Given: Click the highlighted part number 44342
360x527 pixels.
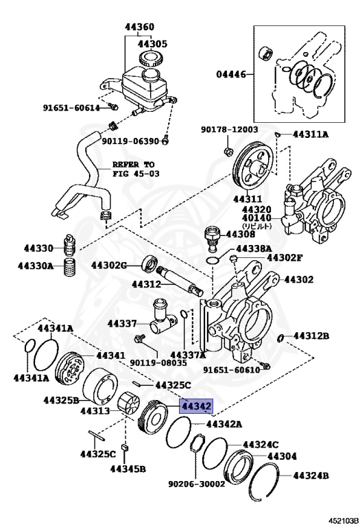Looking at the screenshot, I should [x=197, y=406].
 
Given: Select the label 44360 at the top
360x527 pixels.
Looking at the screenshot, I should [x=139, y=28].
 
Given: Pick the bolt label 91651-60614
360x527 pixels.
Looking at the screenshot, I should [x=71, y=108].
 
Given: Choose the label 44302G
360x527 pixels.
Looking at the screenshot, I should [x=109, y=265].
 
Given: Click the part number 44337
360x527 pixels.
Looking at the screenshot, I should [x=122, y=323].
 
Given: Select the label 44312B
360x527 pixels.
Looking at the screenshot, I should [x=311, y=336].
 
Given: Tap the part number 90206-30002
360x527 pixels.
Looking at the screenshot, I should [x=196, y=483].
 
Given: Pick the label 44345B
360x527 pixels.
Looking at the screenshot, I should [x=128, y=469].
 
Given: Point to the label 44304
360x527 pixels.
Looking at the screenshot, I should [x=282, y=456].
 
